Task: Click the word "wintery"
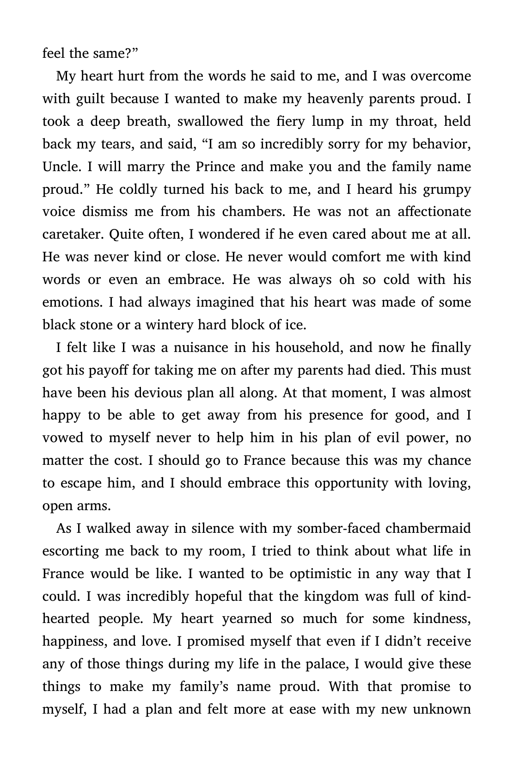pos(169,325)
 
